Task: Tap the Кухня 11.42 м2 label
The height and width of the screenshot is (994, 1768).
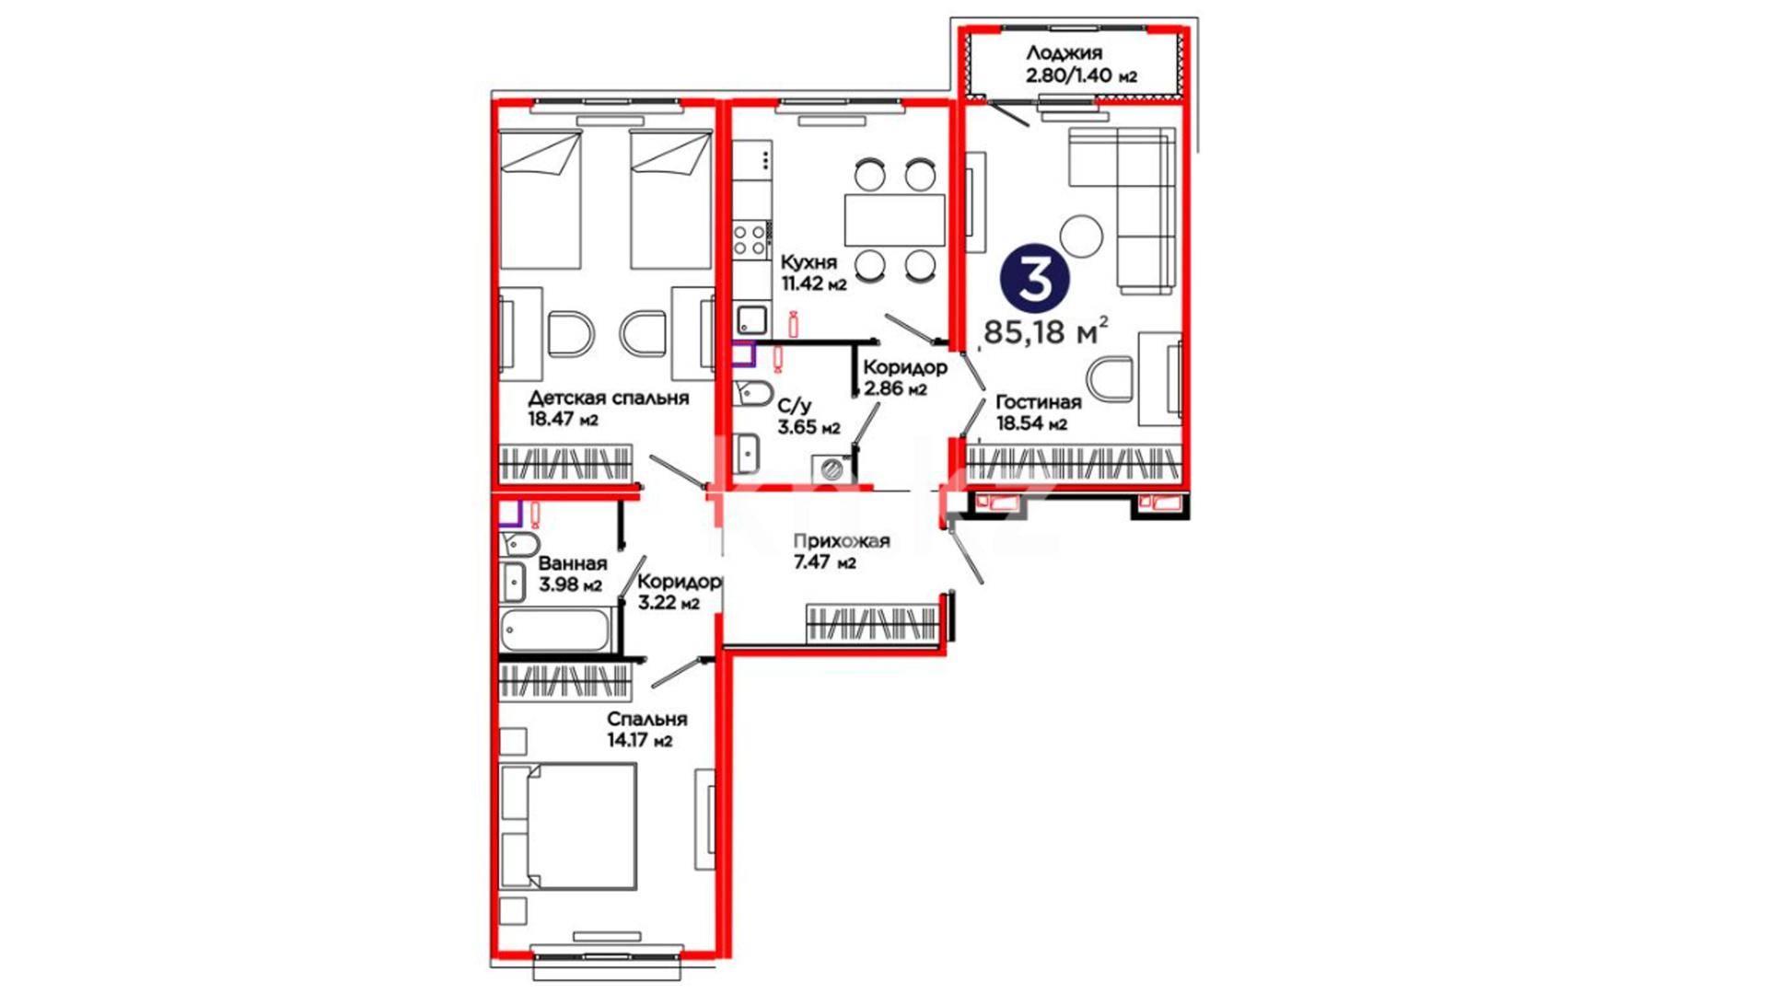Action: tap(813, 273)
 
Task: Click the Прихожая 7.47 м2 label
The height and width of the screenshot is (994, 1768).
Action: tap(842, 550)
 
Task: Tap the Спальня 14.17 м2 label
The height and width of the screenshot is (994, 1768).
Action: tap(646, 729)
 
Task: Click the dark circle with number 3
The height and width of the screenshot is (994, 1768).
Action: tap(1035, 279)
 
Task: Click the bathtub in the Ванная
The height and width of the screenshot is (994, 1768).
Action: tap(555, 630)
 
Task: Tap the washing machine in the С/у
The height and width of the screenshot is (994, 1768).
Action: tap(833, 468)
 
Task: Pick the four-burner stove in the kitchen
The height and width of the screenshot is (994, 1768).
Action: tap(751, 239)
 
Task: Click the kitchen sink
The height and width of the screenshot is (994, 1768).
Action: tap(752, 320)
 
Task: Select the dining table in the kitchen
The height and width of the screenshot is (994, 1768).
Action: tap(895, 219)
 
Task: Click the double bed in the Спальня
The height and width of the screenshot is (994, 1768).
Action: tap(568, 826)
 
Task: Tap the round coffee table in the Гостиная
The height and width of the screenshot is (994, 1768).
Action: tap(1081, 236)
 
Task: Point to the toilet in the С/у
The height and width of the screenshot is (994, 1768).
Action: tap(753, 393)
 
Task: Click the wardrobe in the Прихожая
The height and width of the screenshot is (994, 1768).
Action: tap(873, 623)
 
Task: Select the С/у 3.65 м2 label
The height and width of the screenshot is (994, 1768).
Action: tap(808, 417)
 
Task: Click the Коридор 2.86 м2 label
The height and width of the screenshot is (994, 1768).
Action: tap(904, 377)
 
